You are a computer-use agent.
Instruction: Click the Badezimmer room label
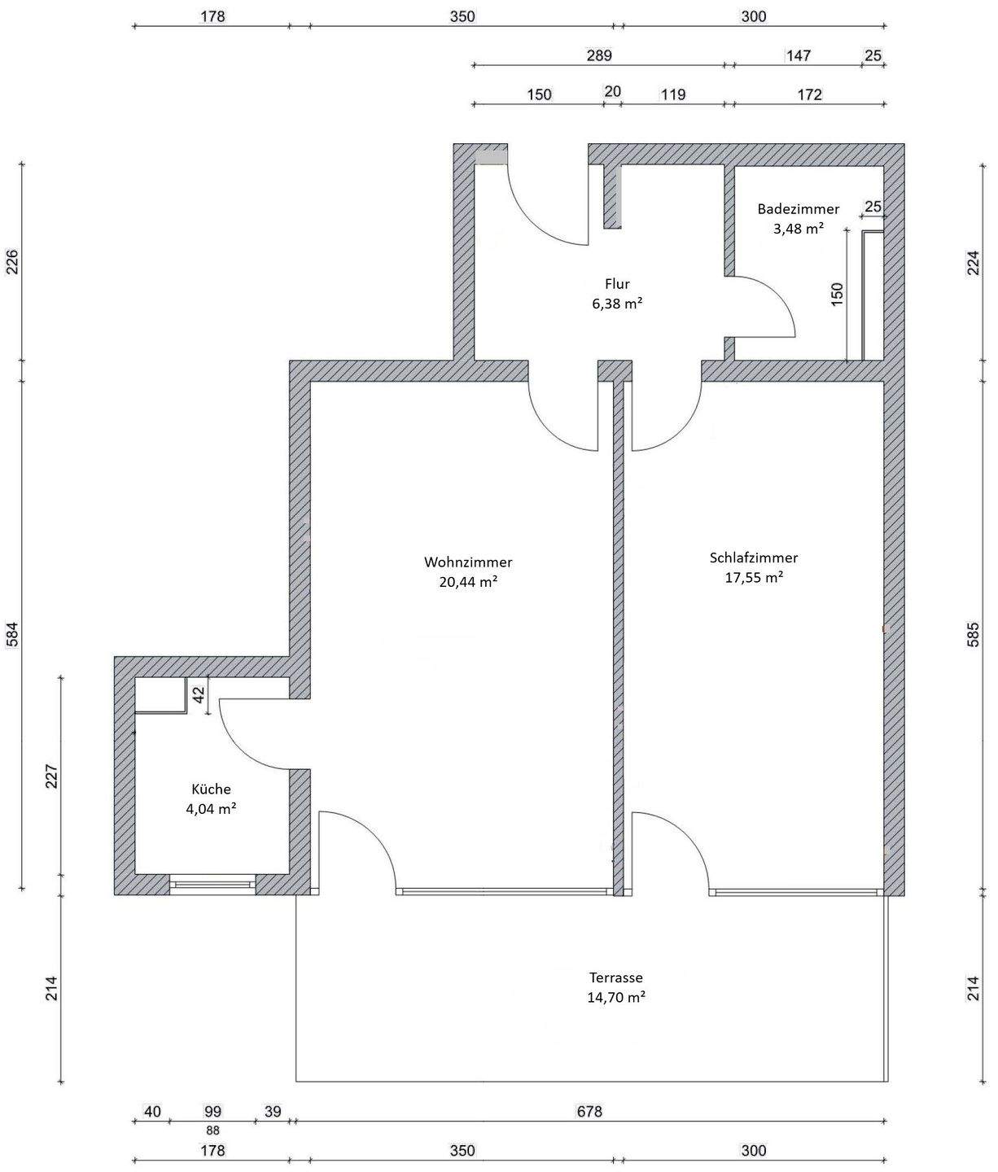pyautogui.click(x=799, y=209)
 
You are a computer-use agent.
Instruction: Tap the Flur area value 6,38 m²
pyautogui.click(x=617, y=304)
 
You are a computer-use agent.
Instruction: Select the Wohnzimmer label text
pyautogui.click(x=468, y=562)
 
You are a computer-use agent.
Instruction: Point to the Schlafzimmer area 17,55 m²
pyautogui.click(x=754, y=577)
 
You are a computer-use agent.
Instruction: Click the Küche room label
pyautogui.click(x=211, y=789)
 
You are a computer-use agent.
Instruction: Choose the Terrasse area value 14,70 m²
pyautogui.click(x=615, y=997)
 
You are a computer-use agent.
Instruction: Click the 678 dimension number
pyautogui.click(x=589, y=1111)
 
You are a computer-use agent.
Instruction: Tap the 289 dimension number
pyautogui.click(x=599, y=55)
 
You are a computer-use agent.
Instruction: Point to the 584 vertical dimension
pyautogui.click(x=12, y=635)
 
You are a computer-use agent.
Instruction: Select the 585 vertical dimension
pyautogui.click(x=973, y=635)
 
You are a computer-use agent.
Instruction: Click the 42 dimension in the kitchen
pyautogui.click(x=199, y=694)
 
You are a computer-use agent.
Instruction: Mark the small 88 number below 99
pyautogui.click(x=212, y=1130)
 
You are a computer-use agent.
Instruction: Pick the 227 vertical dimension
pyautogui.click(x=51, y=776)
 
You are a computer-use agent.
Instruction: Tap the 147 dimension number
pyautogui.click(x=799, y=55)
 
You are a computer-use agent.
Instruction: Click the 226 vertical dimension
pyautogui.click(x=12, y=261)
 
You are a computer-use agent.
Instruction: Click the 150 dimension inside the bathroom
pyautogui.click(x=837, y=295)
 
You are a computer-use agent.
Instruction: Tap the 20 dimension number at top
pyautogui.click(x=612, y=91)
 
